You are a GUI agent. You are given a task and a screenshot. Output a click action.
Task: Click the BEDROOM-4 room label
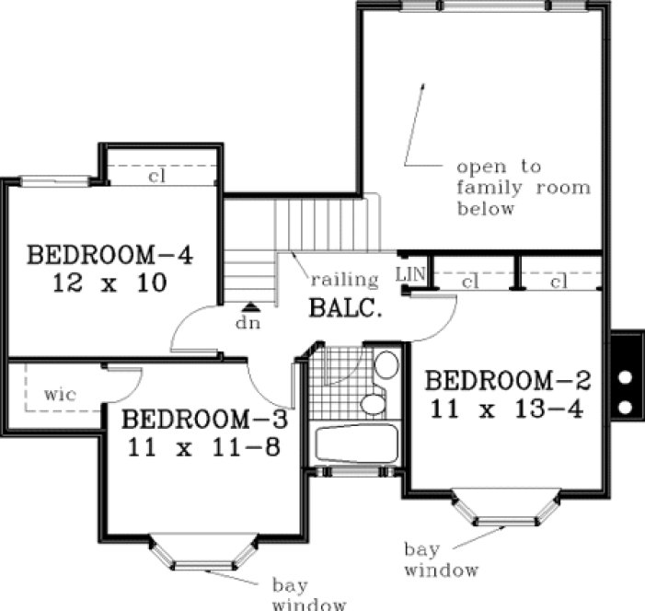(x=110, y=254)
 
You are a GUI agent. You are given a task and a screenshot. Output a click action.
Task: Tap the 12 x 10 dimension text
(x=109, y=283)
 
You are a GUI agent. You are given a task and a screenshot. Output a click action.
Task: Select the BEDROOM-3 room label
(x=204, y=420)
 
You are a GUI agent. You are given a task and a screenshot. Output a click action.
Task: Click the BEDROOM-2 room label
(x=509, y=379)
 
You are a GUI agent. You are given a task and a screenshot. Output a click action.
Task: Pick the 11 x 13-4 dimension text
(x=508, y=408)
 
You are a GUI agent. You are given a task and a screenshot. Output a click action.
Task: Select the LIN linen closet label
(x=409, y=274)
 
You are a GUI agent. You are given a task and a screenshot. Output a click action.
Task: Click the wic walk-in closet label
(x=60, y=394)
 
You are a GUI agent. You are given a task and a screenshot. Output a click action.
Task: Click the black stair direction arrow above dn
(x=248, y=307)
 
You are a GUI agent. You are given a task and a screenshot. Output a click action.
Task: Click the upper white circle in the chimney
(x=625, y=376)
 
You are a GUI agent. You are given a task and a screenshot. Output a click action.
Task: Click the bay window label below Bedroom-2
(x=442, y=559)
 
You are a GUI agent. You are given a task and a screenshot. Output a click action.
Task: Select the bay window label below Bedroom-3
(x=309, y=594)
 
